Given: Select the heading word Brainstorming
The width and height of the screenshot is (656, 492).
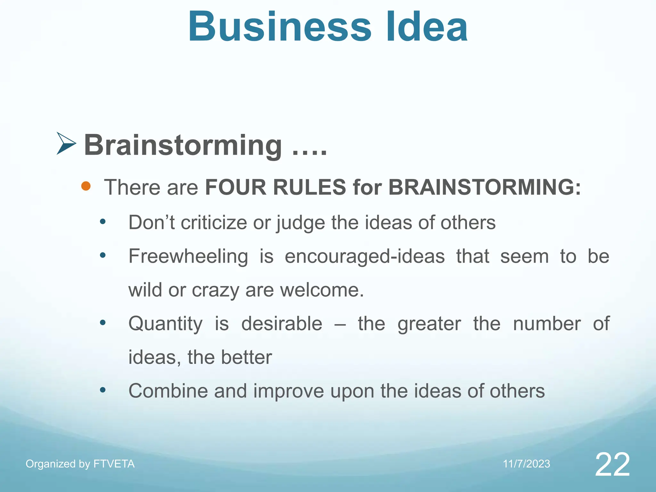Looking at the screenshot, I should pyautogui.click(x=183, y=146).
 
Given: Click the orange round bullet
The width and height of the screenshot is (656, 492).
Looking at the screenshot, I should pyautogui.click(x=86, y=186).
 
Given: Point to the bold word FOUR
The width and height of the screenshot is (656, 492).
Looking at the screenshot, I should pyautogui.click(x=235, y=187).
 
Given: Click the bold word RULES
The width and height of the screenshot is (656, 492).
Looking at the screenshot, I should pyautogui.click(x=309, y=187).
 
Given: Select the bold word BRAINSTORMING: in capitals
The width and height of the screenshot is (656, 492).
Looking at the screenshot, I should pyautogui.click(x=484, y=187).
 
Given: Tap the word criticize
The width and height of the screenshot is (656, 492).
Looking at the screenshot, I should pyautogui.click(x=214, y=223).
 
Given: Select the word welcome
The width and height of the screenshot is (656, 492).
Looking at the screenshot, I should pyautogui.click(x=322, y=290).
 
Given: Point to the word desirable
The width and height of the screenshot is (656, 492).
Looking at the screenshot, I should pyautogui.click(x=282, y=324).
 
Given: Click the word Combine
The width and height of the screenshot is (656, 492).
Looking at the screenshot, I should pyautogui.click(x=168, y=391).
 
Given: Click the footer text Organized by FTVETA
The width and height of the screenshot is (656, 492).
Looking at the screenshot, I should pyautogui.click(x=80, y=464).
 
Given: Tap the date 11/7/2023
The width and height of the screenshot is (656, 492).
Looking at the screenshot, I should pyautogui.click(x=526, y=464).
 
